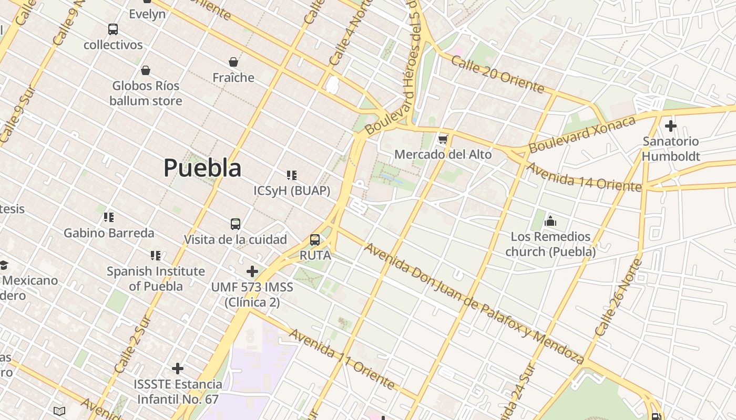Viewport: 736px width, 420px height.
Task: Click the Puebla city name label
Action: click(202, 168)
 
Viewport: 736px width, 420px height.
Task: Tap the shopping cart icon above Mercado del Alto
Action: click(443, 139)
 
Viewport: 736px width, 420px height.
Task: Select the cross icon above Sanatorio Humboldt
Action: click(670, 126)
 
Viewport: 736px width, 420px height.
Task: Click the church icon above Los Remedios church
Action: click(550, 221)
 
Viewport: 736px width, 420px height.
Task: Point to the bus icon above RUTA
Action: click(315, 240)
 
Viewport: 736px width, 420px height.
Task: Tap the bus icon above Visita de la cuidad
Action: click(236, 224)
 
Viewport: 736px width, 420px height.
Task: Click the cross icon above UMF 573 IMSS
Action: click(252, 271)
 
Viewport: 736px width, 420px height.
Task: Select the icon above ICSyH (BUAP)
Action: click(292, 175)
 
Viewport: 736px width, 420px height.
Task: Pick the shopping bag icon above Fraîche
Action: click(233, 62)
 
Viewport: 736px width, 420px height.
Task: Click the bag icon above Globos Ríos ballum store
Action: click(146, 70)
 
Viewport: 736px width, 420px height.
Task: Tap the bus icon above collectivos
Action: click(113, 29)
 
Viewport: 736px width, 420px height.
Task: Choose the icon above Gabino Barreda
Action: click(109, 217)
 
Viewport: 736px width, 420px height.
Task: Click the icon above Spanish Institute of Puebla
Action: click(156, 256)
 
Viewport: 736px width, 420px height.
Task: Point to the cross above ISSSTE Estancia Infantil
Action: click(178, 369)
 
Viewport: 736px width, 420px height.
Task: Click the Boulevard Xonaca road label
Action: click(582, 134)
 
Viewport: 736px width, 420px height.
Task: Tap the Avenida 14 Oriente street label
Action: click(584, 177)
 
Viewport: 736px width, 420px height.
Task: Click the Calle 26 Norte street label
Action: click(619, 297)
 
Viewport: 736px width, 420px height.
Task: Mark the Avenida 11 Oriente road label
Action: click(341, 359)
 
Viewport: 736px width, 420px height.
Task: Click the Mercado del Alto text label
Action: click(443, 154)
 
